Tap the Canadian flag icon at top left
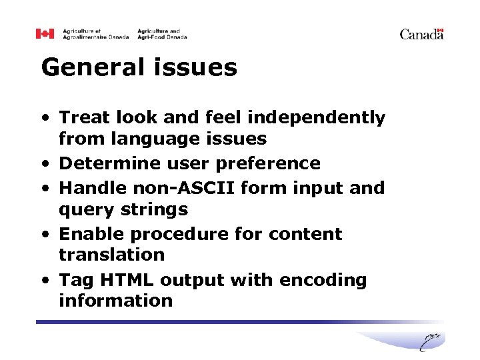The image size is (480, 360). (45, 33)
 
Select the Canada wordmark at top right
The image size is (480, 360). (421, 34)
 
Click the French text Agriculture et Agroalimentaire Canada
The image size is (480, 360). (95, 34)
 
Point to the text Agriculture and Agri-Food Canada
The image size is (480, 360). (162, 34)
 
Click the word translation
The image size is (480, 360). (111, 255)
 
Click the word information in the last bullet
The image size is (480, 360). (115, 301)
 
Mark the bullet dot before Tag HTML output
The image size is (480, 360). (43, 281)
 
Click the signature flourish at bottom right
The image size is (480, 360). (432, 341)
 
